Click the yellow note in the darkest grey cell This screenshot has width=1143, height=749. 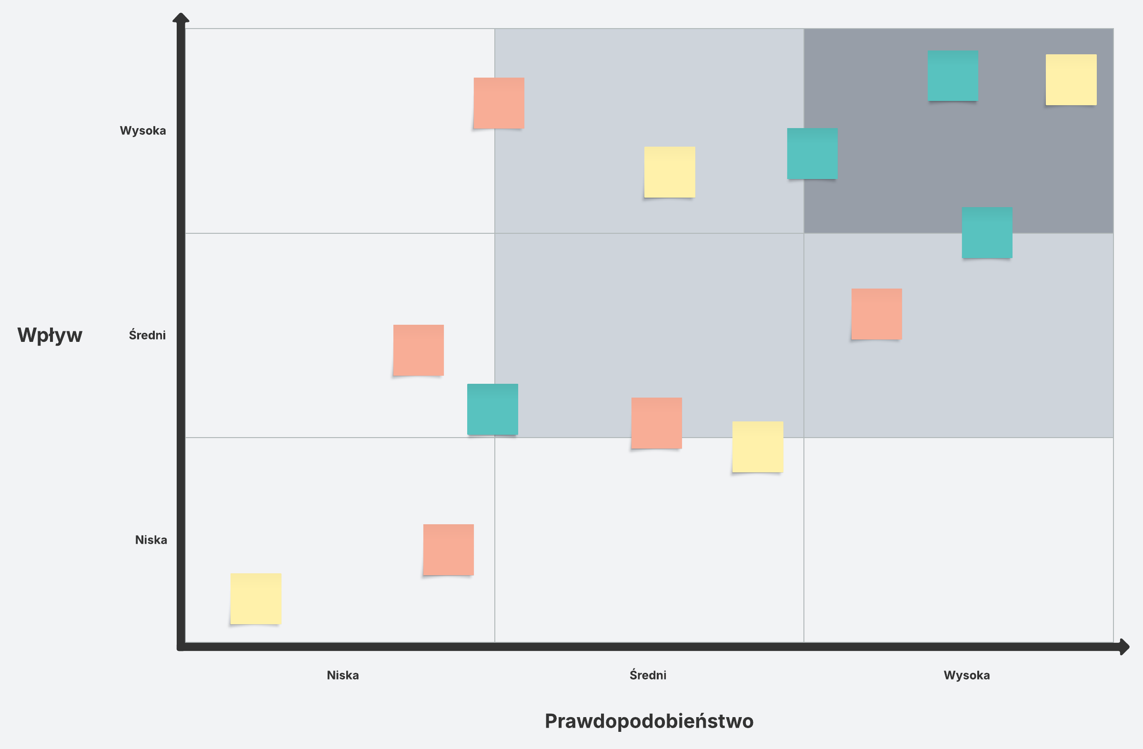pos(1071,80)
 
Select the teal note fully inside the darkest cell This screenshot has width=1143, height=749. pos(953,76)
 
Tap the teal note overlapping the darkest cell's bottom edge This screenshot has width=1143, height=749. pos(987,233)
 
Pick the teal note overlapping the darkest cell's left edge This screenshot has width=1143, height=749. pos(812,154)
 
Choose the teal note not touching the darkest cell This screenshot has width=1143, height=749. pos(493,409)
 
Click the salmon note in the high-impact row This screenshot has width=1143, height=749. pos(499,103)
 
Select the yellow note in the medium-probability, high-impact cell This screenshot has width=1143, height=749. pos(670,172)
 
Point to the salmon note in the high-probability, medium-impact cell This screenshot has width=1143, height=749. pos(876,314)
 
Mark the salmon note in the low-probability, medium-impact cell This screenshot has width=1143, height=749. pos(418,350)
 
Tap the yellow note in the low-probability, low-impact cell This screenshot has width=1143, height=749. pos(255,599)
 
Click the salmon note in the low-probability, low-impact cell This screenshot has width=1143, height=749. pos(449,550)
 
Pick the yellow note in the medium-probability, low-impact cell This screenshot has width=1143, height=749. pos(758,447)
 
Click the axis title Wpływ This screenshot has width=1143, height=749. pos(50,335)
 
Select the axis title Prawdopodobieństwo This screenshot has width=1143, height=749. pos(649,721)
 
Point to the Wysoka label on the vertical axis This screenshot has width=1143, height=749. pos(142,130)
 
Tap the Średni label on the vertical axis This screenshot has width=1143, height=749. pos(147,335)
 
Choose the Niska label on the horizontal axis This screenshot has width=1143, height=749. pos(342,675)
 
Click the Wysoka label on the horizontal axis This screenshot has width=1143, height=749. pos(966,675)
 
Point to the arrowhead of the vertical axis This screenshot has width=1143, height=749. pos(180,18)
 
